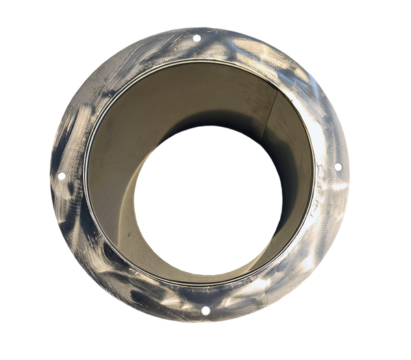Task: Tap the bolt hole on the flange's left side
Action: [x=60, y=176]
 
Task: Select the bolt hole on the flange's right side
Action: [x=338, y=167]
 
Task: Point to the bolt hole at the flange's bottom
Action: [x=204, y=312]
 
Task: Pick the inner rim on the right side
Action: [x=316, y=171]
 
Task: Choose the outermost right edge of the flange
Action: [x=351, y=171]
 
